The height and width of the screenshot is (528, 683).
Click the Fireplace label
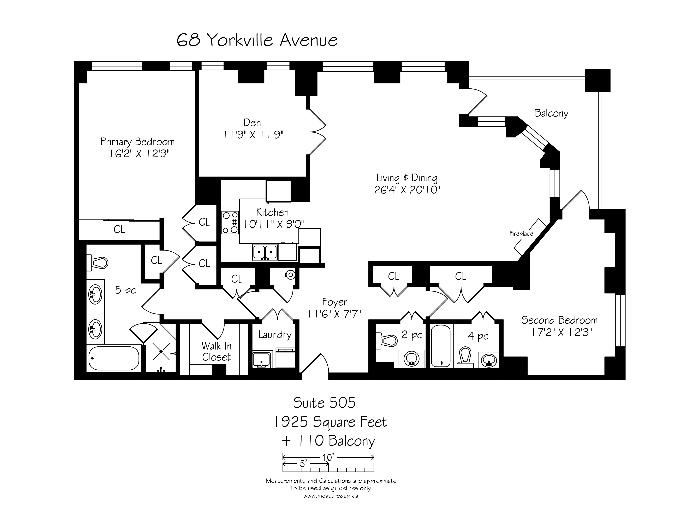coord(521,234)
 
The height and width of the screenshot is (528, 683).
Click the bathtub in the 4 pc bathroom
coord(441,346)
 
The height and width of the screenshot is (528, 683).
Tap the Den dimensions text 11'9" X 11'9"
coord(253,135)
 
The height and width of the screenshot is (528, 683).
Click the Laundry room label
coord(275,335)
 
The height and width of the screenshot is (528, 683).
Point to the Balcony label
coord(551,113)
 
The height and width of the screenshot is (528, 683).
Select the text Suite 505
coord(324,403)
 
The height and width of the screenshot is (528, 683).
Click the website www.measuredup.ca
coord(331,496)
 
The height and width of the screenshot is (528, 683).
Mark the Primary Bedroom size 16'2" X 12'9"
coord(139,154)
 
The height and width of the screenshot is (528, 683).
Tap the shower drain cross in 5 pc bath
coord(161,352)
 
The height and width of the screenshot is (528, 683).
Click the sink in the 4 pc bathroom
coord(488,360)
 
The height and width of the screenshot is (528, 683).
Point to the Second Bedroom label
coord(559,320)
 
